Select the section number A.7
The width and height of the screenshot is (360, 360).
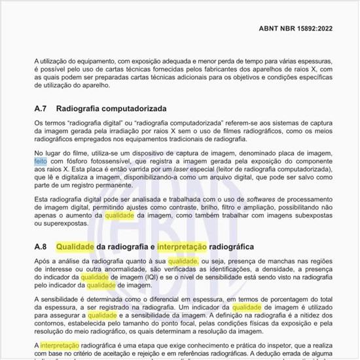coord(41,109)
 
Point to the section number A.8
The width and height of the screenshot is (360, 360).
coord(41,247)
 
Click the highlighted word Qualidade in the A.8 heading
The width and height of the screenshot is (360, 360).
coord(75,247)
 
